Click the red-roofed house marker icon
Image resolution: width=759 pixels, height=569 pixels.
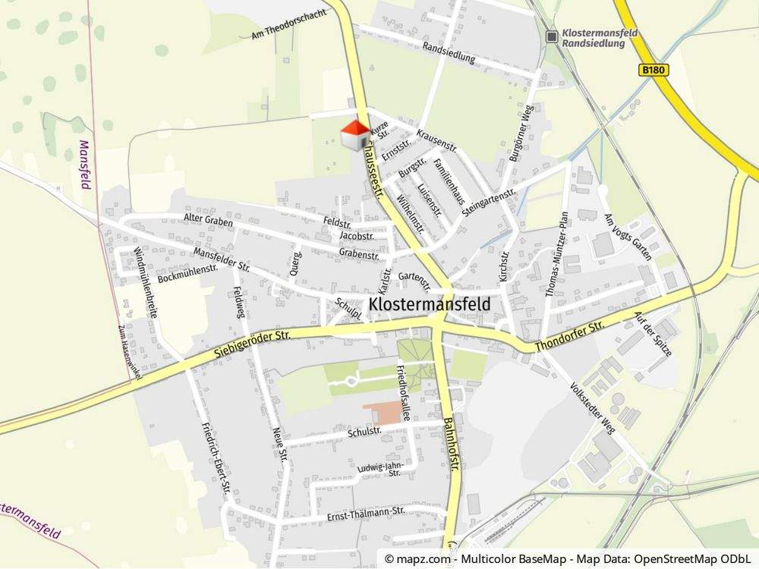coord(354,136)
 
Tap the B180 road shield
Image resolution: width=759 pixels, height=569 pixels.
coord(653,70)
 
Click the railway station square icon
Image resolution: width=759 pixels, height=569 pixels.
coord(552,36)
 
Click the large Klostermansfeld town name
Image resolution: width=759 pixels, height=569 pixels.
coord(430,304)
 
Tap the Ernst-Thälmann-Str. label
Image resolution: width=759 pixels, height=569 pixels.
coord(364,514)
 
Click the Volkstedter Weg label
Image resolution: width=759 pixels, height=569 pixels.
coord(595,407)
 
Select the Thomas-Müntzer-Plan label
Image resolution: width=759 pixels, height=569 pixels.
coord(558,264)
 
